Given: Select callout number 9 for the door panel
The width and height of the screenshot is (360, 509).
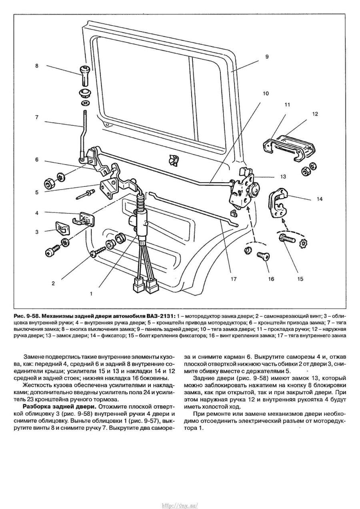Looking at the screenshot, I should click(266, 57).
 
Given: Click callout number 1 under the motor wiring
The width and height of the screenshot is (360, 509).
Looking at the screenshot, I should click(91, 293).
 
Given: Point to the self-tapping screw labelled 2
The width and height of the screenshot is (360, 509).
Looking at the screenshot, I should click(98, 252).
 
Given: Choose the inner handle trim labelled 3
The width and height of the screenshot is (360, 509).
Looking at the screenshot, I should click(61, 229).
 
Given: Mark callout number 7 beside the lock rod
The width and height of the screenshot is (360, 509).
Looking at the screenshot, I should click(37, 118).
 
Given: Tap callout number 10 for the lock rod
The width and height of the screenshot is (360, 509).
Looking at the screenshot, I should click(266, 94).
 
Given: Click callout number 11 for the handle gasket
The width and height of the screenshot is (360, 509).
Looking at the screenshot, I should click(287, 105).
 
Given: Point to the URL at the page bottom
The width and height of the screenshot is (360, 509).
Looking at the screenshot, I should click(180, 505).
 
